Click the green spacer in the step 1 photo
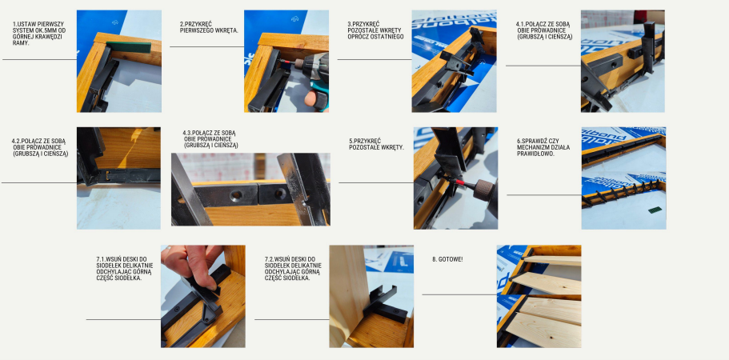(x=128, y=47)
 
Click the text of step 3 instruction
(x=375, y=30)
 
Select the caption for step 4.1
(x=544, y=30)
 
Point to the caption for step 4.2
(x=40, y=147)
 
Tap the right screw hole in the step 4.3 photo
(x=280, y=194)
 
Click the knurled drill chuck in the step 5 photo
(x=484, y=190)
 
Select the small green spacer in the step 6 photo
(x=655, y=210)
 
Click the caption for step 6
(x=543, y=147)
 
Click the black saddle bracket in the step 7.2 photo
(x=386, y=304)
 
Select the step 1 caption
(x=39, y=34)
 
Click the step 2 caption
(x=209, y=27)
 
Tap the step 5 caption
(x=377, y=144)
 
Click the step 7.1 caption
(x=124, y=269)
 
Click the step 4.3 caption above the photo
(x=211, y=139)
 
